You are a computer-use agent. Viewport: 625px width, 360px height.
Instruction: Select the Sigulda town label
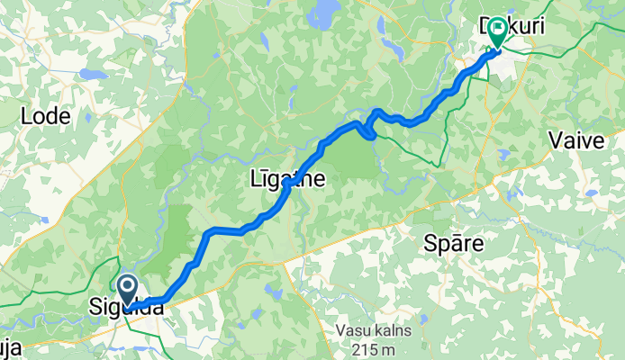126,308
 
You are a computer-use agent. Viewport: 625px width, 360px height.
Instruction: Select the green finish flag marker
495,32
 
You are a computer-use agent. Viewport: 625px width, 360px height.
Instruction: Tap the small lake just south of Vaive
590,192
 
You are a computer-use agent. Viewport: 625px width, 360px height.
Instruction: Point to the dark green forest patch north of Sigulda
176,234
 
